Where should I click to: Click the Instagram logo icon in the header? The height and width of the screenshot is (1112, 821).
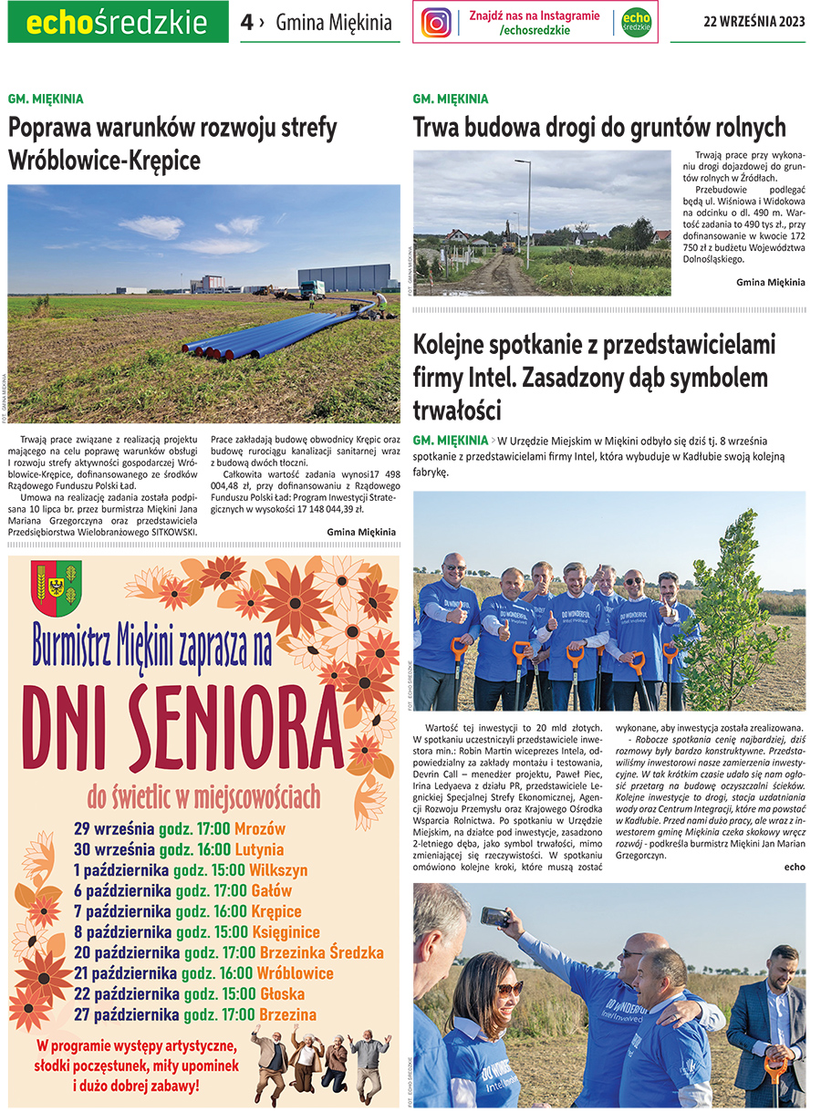[436, 22]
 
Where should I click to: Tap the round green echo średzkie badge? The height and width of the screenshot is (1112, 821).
[636, 22]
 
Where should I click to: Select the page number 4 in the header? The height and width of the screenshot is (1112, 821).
[246, 22]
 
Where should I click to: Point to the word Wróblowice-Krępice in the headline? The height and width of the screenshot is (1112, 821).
[104, 161]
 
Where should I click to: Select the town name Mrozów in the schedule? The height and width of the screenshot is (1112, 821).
[260, 829]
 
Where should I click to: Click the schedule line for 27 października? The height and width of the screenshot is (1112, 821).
[195, 1014]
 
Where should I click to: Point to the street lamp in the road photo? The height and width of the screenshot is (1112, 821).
[527, 213]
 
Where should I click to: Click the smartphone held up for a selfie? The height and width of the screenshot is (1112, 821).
[494, 917]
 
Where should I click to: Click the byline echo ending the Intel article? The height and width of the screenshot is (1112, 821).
[794, 866]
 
